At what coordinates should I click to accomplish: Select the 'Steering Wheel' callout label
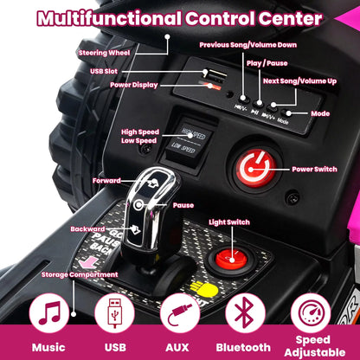[x=105, y=53]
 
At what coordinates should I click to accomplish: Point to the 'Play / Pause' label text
[x=267, y=63]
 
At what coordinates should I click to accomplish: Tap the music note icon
[x=49, y=313]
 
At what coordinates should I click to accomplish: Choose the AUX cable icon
[x=180, y=313]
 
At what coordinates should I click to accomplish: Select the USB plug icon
[x=114, y=313]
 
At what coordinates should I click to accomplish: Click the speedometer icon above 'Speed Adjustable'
[x=311, y=313]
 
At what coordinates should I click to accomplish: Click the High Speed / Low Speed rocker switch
[x=189, y=140]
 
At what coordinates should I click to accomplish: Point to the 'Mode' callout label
[x=320, y=113]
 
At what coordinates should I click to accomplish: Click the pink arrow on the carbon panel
[x=88, y=263]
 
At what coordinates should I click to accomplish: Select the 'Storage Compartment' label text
[x=80, y=274]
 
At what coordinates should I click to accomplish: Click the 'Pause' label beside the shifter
[x=183, y=205]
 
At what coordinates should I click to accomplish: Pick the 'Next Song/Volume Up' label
[x=299, y=81]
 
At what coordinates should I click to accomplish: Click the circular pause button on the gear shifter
[x=138, y=204]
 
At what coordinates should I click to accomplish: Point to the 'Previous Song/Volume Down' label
[x=248, y=45]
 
